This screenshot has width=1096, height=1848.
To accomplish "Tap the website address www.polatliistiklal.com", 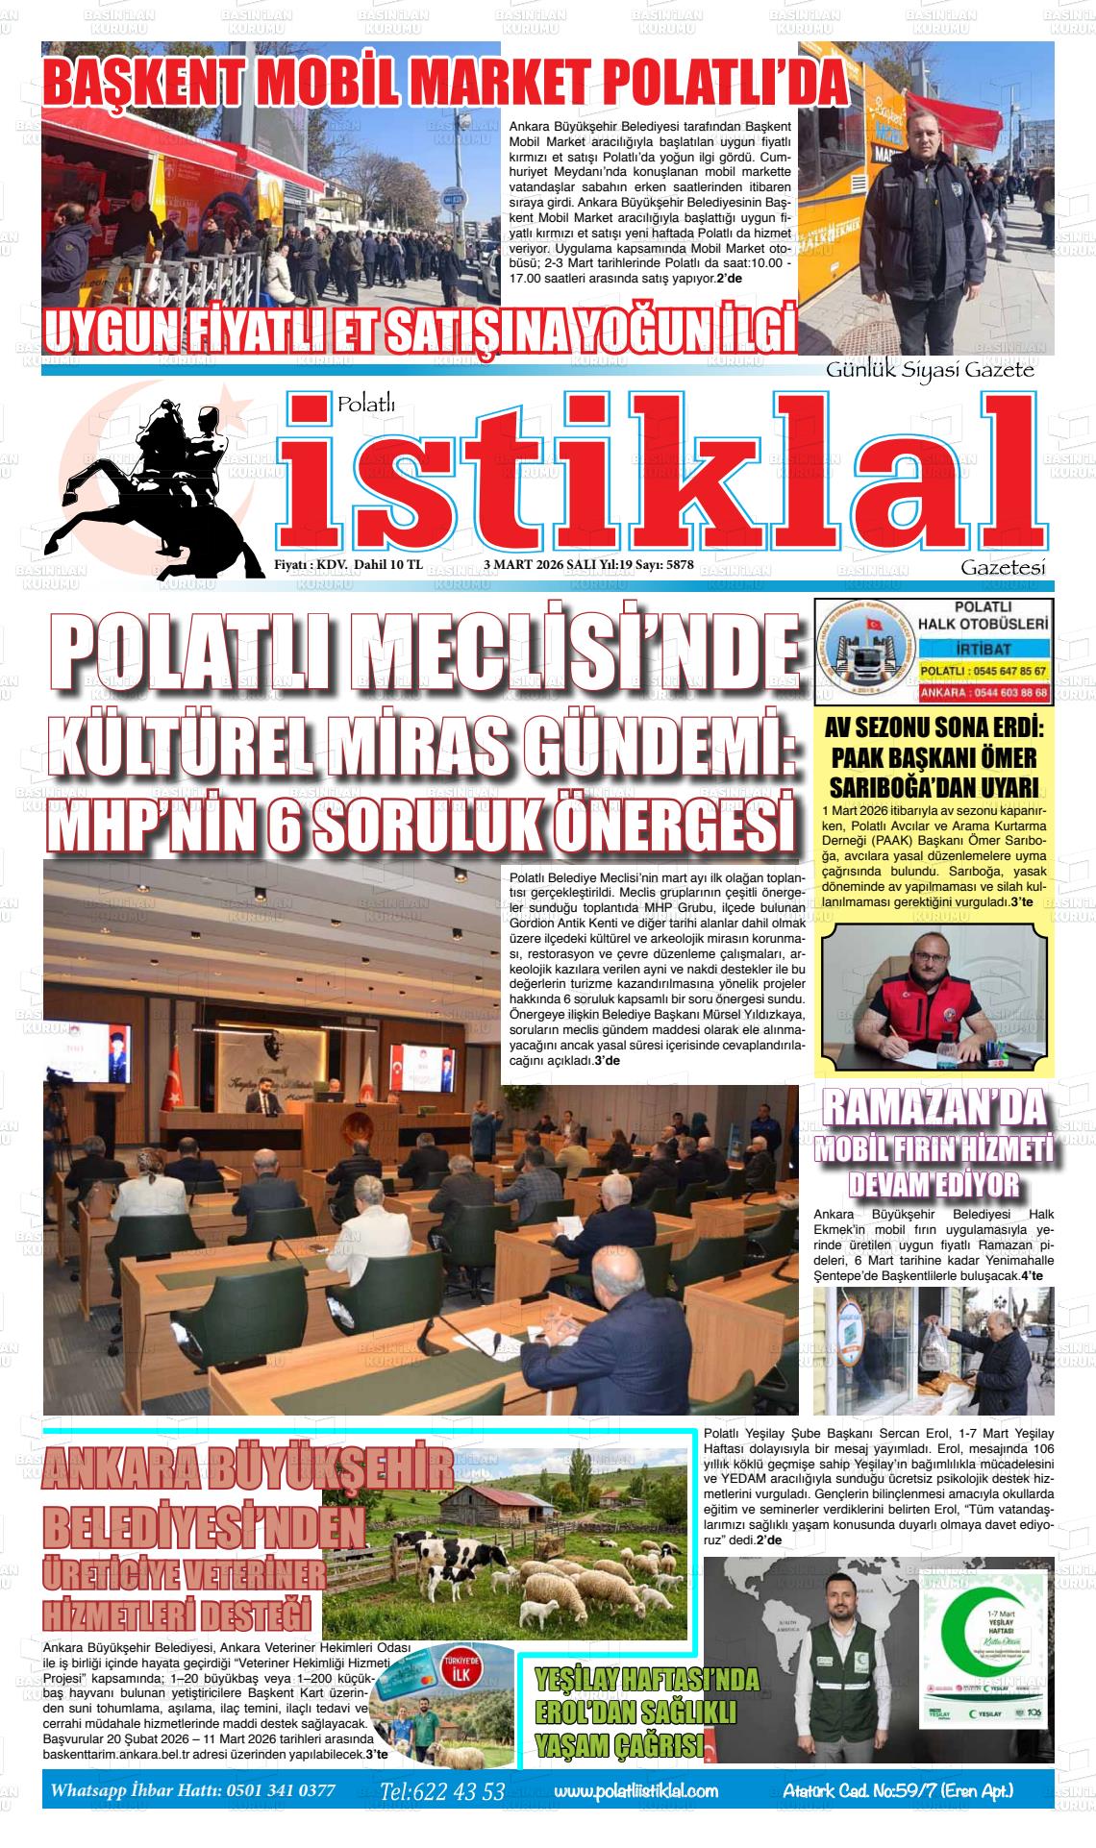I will point(635,1790).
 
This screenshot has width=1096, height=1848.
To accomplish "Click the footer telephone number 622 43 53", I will point(458,1791).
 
